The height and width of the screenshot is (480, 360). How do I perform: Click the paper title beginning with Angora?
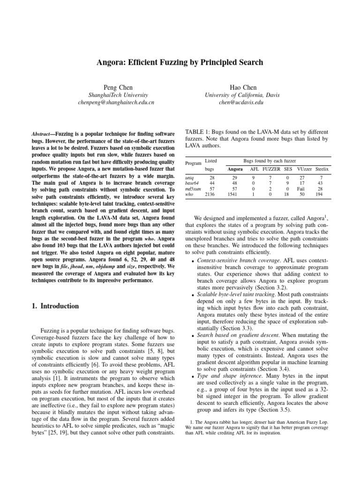tap(180, 61)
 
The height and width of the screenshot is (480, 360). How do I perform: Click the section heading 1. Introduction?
tap(52, 306)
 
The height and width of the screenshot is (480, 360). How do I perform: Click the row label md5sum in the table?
tap(193, 188)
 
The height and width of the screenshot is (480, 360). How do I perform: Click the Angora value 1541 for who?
tap(235, 194)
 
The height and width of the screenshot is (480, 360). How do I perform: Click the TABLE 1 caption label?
tap(199, 132)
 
